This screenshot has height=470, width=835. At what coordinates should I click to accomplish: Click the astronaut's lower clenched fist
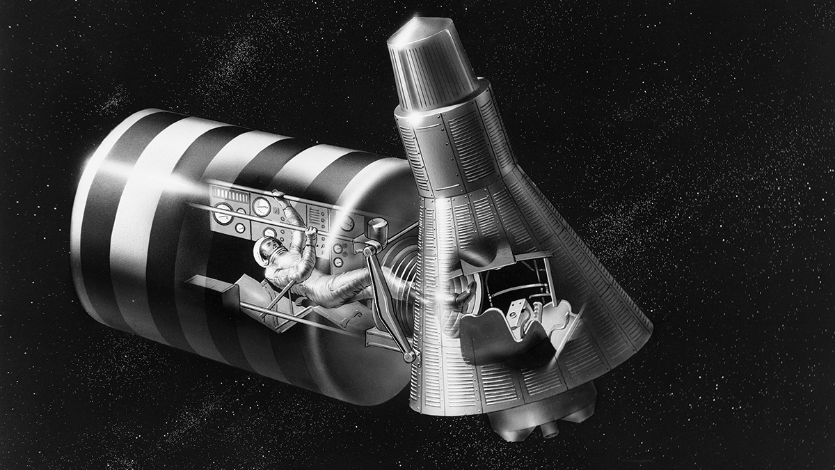(x=312, y=227)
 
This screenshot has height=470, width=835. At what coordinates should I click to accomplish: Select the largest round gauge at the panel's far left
(x=223, y=214)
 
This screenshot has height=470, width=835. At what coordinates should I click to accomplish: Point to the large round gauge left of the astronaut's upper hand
(x=262, y=206)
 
